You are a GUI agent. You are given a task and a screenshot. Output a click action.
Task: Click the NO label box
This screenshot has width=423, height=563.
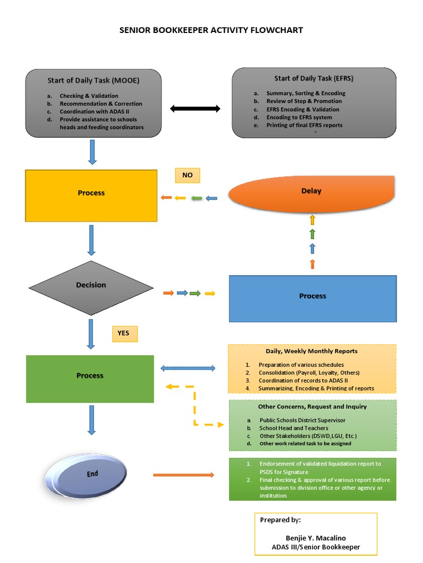click(x=188, y=175)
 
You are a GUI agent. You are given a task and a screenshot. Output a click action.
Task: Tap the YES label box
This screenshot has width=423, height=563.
click(x=124, y=333)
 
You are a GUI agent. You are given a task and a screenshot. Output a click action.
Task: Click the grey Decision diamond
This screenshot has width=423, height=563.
click(x=91, y=285)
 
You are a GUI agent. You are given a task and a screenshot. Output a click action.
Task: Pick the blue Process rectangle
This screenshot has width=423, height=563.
click(x=312, y=298)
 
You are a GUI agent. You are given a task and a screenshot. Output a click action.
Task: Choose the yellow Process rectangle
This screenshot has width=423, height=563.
click(x=91, y=195)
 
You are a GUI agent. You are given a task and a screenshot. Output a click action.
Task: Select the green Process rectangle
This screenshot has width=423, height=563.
click(x=90, y=378)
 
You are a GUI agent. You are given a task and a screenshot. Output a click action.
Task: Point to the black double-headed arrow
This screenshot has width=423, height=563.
click(x=195, y=109)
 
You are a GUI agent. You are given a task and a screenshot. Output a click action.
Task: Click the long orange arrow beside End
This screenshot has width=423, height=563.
click(x=183, y=474)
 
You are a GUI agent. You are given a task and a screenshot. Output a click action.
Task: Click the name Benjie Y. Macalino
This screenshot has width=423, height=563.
click(x=316, y=537)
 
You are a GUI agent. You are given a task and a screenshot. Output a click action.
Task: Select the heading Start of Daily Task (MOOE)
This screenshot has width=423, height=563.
click(x=93, y=80)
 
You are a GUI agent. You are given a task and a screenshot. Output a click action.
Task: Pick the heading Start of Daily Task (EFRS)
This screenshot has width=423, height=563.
click(x=314, y=79)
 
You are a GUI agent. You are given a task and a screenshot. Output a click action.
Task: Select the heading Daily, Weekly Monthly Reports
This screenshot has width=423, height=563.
click(x=311, y=351)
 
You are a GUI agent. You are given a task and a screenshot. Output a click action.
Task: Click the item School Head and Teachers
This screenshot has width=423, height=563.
click(x=294, y=428)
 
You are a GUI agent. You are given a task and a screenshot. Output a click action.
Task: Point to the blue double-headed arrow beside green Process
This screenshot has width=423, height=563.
click(x=187, y=368)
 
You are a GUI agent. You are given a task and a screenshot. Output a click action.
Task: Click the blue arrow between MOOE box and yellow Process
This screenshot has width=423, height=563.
click(x=92, y=152)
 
